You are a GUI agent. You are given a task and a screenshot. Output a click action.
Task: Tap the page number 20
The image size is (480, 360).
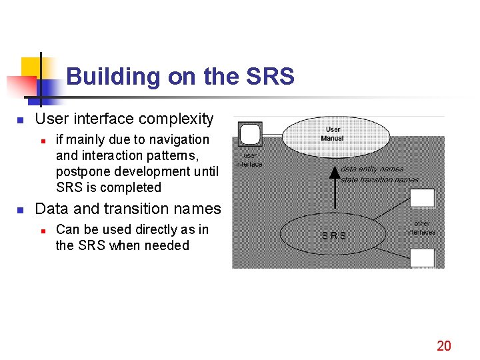(x=443, y=345)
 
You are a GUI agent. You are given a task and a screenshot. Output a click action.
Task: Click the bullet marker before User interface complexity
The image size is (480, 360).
(x=21, y=120)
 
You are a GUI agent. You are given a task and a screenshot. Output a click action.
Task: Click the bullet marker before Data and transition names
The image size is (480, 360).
(x=21, y=209)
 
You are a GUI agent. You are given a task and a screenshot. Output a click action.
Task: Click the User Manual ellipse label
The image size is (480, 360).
(x=332, y=134)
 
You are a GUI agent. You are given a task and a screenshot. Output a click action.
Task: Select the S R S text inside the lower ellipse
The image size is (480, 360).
(x=334, y=235)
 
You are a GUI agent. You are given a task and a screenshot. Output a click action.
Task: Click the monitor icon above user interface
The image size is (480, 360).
(x=250, y=134)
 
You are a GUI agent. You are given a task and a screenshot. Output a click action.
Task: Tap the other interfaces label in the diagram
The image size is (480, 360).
(x=421, y=228)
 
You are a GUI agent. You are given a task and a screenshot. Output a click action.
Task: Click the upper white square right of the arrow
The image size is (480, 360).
(x=422, y=197)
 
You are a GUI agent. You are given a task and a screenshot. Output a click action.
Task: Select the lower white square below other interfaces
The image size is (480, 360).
(x=422, y=257)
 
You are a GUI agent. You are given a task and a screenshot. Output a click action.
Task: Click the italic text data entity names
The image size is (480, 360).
(x=372, y=169)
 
